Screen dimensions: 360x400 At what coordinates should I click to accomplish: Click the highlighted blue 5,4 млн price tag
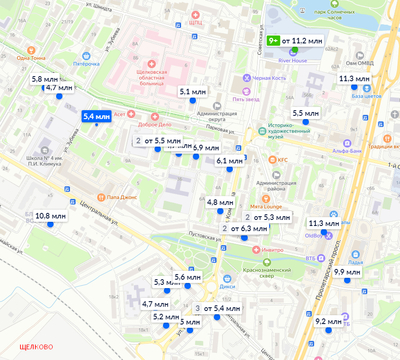[x=96, y=117]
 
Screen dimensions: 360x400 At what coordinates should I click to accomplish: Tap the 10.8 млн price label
[x=50, y=215]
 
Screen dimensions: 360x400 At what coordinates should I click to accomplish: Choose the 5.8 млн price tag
[x=44, y=78]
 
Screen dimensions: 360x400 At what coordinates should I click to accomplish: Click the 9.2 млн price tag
[x=328, y=321]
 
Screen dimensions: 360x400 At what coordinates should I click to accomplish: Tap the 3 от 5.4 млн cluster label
[x=218, y=308]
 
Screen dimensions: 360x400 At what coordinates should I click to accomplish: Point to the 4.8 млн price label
[x=219, y=202]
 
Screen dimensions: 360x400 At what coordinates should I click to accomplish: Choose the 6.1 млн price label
[x=229, y=160]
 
